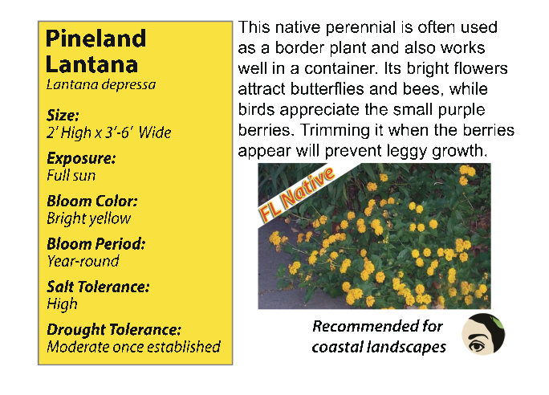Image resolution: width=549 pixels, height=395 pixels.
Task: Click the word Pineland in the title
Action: pos(96,39)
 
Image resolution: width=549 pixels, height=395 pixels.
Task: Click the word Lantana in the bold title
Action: pos(91,64)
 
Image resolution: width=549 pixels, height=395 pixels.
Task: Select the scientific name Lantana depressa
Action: pos(101,85)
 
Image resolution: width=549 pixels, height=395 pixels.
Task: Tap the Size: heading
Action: pos(63,116)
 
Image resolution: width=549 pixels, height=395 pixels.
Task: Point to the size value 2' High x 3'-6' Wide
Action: pos(109,132)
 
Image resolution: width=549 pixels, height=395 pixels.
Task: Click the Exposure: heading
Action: pos(81,158)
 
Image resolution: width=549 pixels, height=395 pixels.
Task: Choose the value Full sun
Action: pos(71,176)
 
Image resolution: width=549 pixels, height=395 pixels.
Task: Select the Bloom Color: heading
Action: pos(92,201)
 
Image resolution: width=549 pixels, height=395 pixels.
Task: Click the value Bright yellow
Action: pos(89,218)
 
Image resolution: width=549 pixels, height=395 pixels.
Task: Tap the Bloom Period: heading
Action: pos(96,244)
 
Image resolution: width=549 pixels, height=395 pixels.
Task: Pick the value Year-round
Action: pos(83,261)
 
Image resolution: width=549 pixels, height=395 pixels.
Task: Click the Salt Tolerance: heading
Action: pos(99,287)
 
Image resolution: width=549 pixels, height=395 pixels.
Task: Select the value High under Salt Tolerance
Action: pos(62,304)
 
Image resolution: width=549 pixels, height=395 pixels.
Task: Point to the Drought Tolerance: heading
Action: pos(114,330)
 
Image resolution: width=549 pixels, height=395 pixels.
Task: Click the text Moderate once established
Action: pos(133,347)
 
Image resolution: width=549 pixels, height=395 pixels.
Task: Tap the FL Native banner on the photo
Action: pos(296,195)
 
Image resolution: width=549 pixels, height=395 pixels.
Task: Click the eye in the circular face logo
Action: pos(478,345)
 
